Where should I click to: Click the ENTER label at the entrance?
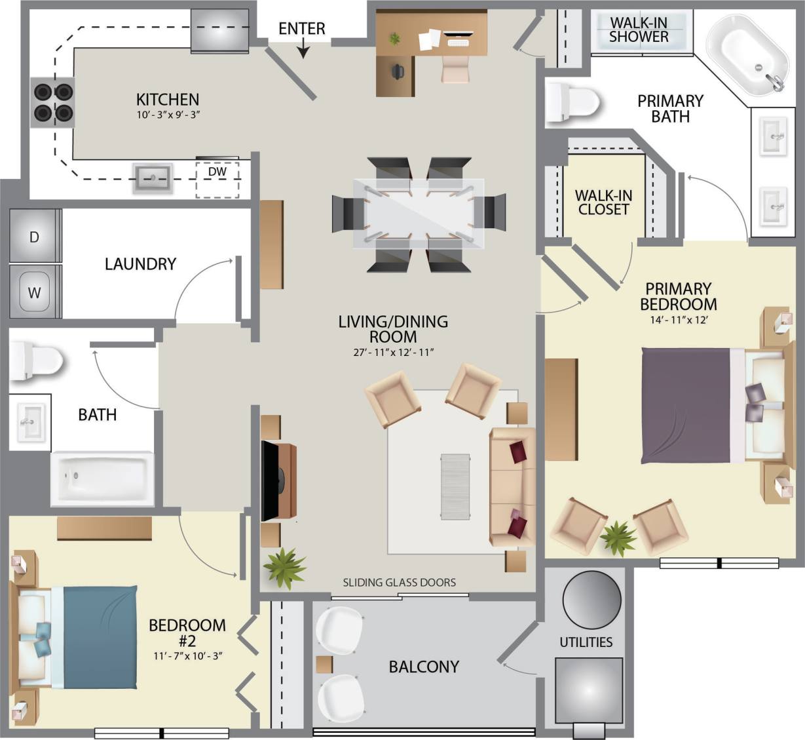tap(301, 29)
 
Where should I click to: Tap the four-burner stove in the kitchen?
tap(53, 103)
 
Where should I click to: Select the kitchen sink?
tap(153, 178)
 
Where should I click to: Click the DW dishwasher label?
tap(217, 172)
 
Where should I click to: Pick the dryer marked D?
tap(35, 237)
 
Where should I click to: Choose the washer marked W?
tap(34, 292)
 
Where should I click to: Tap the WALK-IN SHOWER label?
tap(638, 29)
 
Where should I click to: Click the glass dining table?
tap(419, 214)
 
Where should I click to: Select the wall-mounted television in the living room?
tap(270, 481)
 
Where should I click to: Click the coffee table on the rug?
tap(455, 487)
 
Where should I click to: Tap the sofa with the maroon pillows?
tap(512, 487)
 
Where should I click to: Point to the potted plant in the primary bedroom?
tap(618, 537)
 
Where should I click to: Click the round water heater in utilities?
tap(591, 600)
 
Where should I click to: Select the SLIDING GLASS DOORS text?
tap(399, 582)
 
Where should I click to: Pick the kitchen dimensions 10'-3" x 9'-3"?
tap(167, 115)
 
